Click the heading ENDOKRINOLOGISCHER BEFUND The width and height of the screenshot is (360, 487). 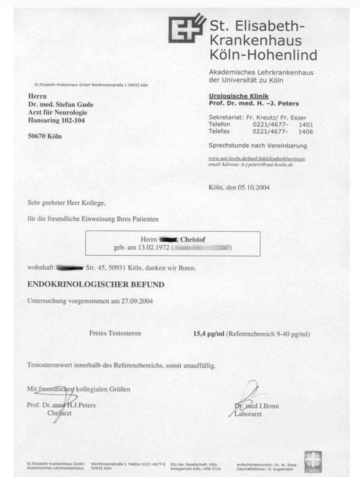click(x=96, y=285)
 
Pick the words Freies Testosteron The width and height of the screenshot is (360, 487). click(x=115, y=333)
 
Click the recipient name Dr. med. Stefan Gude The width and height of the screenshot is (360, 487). click(x=61, y=105)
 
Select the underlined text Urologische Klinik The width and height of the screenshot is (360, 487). click(x=239, y=96)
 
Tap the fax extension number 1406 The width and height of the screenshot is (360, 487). click(x=306, y=131)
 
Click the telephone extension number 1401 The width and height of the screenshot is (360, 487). click(x=306, y=125)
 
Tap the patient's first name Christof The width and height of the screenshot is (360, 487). click(x=193, y=240)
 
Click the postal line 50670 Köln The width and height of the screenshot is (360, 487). click(x=45, y=136)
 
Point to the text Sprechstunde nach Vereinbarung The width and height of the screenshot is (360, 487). click(x=258, y=145)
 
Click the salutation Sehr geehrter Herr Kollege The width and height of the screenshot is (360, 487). click(x=66, y=203)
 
